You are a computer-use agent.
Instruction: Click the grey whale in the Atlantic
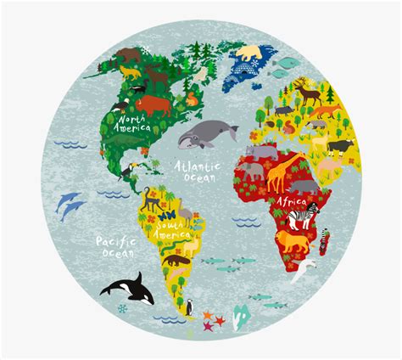pyautogui.click(x=204, y=132)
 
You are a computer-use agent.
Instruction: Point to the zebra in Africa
pyautogui.click(x=299, y=219)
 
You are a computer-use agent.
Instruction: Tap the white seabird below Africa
pyautogui.click(x=300, y=271)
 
